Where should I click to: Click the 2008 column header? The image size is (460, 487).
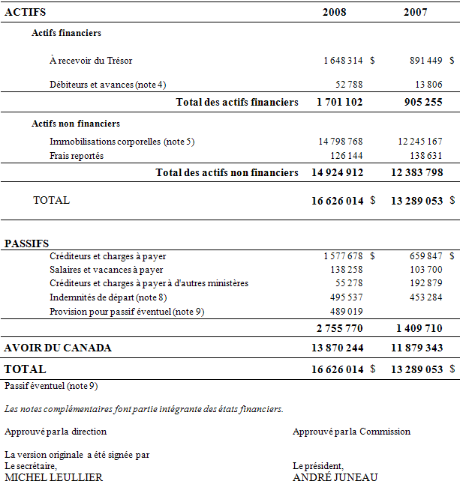335,12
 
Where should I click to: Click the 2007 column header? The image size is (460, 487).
416,12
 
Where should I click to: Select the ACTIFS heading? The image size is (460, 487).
25,12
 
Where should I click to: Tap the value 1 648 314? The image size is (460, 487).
344,60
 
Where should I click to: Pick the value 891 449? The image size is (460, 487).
423,60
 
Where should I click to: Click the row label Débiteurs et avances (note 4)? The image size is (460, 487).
108,84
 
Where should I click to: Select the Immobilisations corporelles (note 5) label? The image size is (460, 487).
122,141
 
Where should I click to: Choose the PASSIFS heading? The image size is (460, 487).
27,243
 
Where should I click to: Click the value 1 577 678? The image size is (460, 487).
344,255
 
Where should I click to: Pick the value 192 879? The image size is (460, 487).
423,282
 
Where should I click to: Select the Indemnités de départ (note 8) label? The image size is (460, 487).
101,297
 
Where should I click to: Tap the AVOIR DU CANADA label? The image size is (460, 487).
58,348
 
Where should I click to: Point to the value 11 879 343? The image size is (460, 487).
416,348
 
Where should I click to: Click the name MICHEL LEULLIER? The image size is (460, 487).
53,477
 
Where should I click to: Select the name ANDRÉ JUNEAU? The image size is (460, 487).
335,477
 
